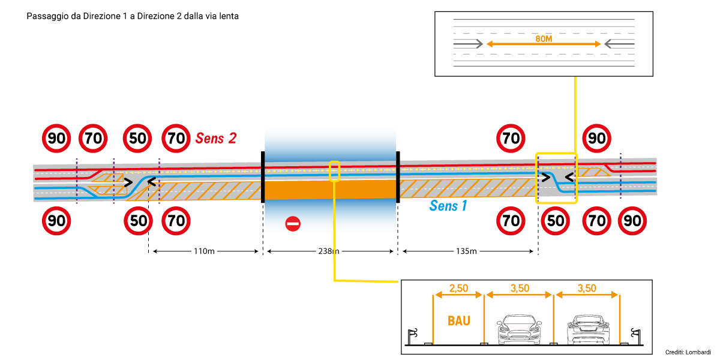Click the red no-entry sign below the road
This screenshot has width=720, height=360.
point(293,224)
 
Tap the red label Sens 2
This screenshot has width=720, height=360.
point(216,139)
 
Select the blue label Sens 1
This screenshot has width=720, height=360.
point(448,206)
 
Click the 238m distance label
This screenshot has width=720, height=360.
point(327,251)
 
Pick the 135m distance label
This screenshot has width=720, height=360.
point(466,251)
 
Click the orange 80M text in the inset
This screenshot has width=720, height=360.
point(544,38)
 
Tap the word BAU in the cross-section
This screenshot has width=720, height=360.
point(459,320)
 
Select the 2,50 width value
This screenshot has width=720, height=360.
point(459,288)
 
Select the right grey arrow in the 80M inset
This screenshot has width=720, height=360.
point(619,44)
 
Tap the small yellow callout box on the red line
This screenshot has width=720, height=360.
point(335,171)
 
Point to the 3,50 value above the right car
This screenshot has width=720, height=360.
point(587,288)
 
